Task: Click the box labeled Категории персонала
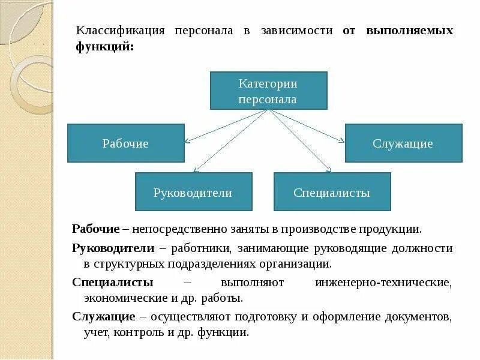click(268, 91)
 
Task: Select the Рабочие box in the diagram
click(125, 143)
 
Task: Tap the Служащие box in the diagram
click(403, 143)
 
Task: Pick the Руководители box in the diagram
click(193, 192)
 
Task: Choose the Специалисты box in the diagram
click(332, 192)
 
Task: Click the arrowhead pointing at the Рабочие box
click(187, 142)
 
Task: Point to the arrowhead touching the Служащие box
click(342, 142)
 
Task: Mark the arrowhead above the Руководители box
click(195, 170)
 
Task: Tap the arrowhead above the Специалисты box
click(328, 170)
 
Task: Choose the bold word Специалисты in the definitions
click(112, 281)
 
